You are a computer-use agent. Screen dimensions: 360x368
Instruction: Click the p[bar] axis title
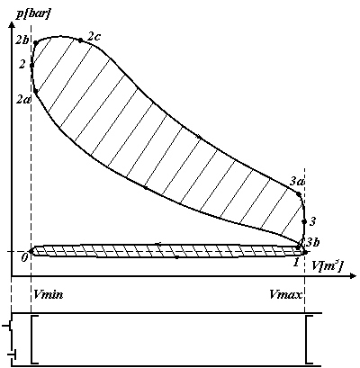point(31,13)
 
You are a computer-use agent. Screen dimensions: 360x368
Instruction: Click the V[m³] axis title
point(326,266)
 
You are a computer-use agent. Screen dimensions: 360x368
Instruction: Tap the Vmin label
point(49,294)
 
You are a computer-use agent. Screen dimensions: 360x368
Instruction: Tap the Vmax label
point(285,294)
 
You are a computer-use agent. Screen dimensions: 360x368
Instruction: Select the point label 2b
point(22,40)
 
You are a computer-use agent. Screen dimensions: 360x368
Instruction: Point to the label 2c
point(94,36)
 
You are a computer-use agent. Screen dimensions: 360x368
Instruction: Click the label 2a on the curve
point(23,99)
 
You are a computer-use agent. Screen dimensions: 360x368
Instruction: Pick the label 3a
point(297,181)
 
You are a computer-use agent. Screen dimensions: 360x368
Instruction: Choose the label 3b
point(312,242)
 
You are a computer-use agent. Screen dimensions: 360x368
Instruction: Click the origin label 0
point(25,258)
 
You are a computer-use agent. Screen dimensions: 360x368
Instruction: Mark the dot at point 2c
point(80,40)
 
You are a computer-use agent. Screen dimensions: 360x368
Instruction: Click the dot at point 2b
point(36,43)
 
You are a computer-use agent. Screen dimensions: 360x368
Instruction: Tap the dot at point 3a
point(299,194)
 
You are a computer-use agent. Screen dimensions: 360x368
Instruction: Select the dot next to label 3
point(304,221)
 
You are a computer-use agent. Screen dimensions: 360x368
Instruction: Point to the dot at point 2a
point(35,91)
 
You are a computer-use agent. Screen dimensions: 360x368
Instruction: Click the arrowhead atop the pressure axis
point(12,26)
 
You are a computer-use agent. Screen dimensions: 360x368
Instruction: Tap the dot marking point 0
point(31,251)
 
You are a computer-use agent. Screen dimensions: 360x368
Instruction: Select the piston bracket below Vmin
point(35,339)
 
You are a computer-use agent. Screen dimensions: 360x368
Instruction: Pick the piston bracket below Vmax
point(309,339)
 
